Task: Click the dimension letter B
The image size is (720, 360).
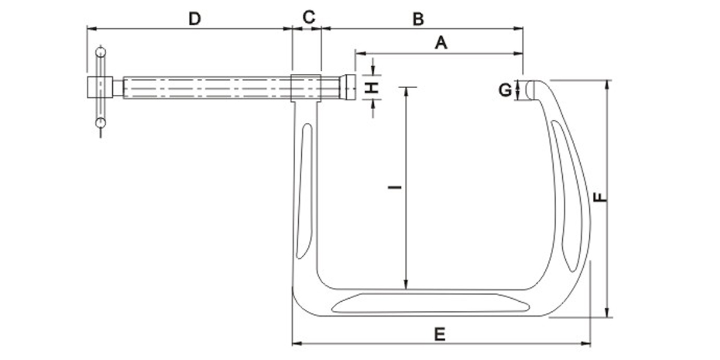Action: (x=418, y=19)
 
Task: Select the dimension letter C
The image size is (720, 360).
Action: (x=308, y=17)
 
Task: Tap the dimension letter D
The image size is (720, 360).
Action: (x=194, y=19)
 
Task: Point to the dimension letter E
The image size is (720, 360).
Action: (x=440, y=334)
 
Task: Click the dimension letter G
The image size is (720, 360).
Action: (x=505, y=91)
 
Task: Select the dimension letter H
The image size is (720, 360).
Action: (x=373, y=88)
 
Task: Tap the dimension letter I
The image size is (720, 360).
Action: (x=394, y=188)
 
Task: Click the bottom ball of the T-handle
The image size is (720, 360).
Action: (x=100, y=124)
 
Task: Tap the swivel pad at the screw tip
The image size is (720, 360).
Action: (x=349, y=88)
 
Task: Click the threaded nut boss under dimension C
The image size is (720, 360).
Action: (x=307, y=88)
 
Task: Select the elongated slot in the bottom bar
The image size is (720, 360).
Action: (x=429, y=303)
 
